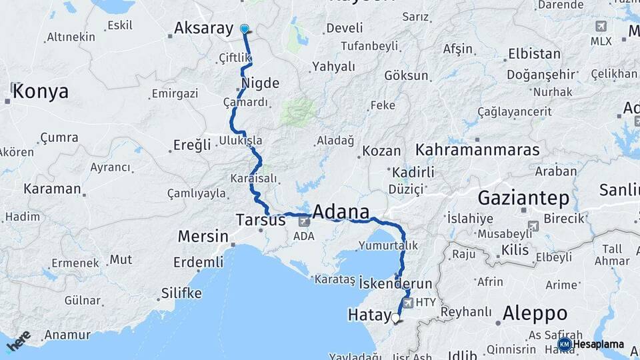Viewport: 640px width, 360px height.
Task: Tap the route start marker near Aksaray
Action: (245, 29)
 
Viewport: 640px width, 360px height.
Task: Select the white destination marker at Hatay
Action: (395, 319)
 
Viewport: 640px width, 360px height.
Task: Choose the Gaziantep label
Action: (523, 198)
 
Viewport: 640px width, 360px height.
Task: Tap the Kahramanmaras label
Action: (477, 149)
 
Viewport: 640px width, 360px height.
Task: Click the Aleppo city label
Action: (535, 313)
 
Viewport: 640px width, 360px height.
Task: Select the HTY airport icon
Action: (409, 303)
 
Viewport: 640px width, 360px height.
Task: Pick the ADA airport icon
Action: (303, 220)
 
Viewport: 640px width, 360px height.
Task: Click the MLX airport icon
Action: (601, 26)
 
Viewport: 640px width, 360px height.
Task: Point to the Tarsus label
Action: (261, 219)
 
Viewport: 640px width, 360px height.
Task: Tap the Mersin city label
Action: (203, 237)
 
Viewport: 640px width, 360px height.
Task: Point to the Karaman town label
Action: (52, 189)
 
